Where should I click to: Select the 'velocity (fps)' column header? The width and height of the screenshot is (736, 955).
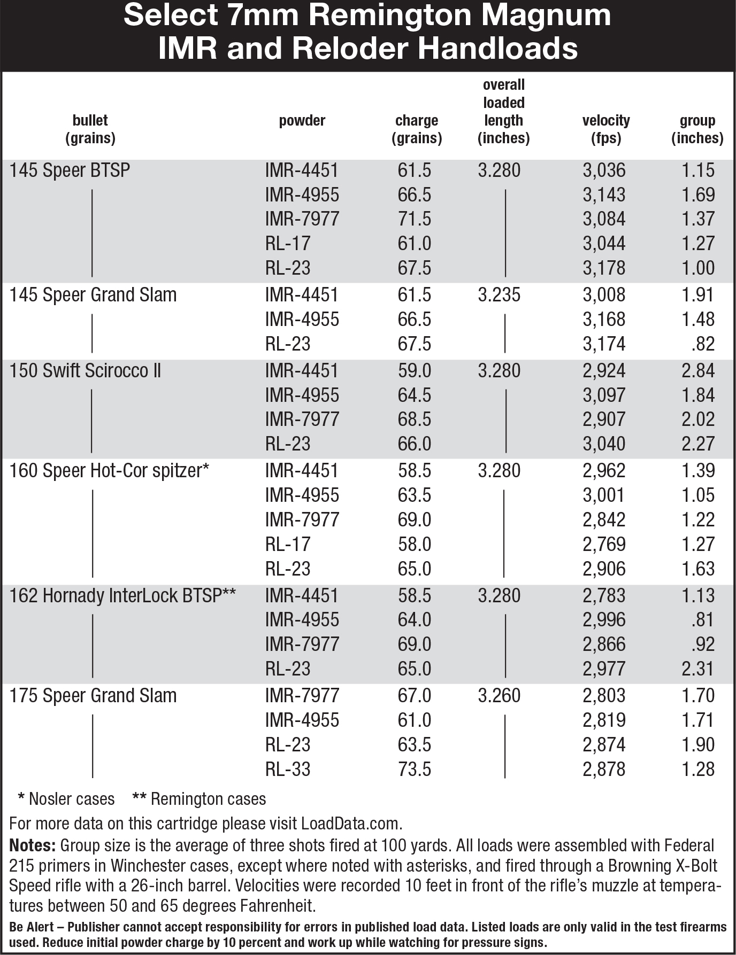[606, 129]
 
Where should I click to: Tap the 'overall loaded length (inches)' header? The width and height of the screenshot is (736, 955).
[504, 112]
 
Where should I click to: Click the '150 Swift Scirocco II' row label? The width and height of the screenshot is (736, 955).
[85, 371]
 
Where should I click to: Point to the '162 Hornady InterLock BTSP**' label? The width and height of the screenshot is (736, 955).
[123, 596]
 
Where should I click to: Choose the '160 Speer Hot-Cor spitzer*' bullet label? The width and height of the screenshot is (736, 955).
[109, 471]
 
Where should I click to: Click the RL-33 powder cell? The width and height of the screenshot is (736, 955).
[288, 769]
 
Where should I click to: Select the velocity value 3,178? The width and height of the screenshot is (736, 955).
[604, 268]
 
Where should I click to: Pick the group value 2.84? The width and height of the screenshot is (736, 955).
[698, 371]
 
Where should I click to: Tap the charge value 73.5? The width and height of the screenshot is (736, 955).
[415, 769]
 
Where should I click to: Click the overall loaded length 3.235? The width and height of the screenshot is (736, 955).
[499, 295]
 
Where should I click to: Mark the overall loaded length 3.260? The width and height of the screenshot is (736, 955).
[499, 696]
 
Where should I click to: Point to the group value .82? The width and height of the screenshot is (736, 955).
[702, 344]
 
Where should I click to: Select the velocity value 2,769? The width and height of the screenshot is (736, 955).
[604, 544]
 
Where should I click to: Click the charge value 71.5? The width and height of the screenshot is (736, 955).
[415, 219]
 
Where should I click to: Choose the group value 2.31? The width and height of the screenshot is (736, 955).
[698, 669]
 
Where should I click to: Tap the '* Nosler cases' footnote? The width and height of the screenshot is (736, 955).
[66, 799]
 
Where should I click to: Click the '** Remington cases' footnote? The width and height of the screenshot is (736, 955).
[199, 799]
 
